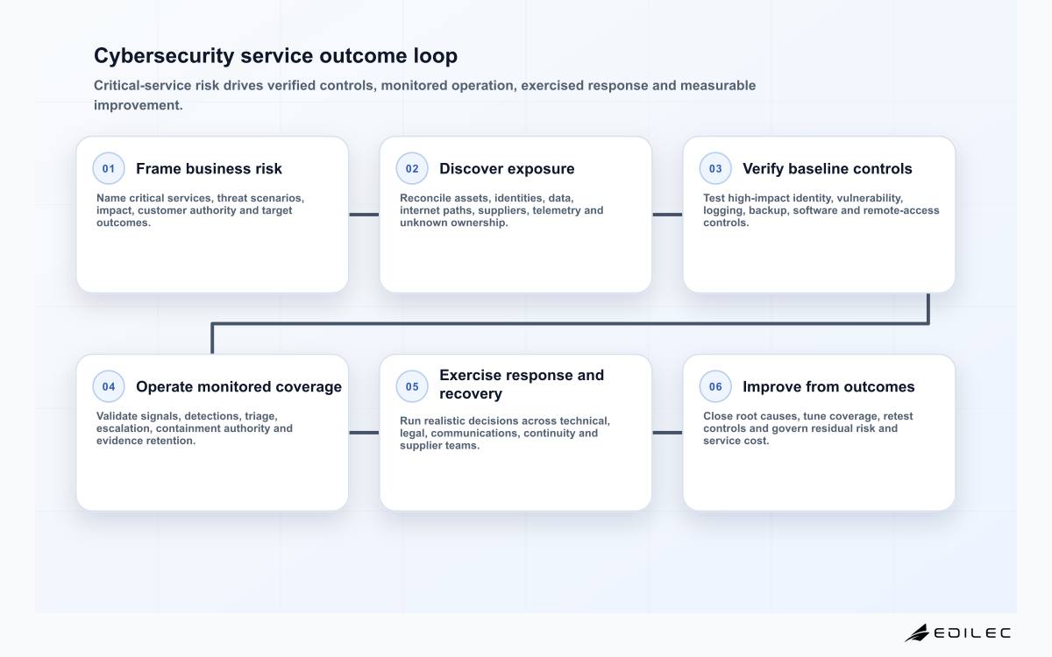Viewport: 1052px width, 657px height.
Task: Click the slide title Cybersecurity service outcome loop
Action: (x=275, y=56)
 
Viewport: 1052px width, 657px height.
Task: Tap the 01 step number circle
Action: (x=109, y=168)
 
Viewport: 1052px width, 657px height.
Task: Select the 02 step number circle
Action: (x=412, y=168)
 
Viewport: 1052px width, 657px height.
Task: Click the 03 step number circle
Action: (x=715, y=168)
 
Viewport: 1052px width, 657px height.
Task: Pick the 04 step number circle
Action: (x=109, y=386)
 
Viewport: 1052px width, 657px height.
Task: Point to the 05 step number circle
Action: (x=412, y=386)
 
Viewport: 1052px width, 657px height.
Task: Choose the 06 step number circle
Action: (x=715, y=386)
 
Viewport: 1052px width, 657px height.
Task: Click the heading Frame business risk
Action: (x=209, y=168)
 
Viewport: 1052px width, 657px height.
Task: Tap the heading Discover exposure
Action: (x=507, y=168)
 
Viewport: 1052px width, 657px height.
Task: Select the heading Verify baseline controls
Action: (x=827, y=168)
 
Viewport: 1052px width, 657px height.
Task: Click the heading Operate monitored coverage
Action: (x=238, y=386)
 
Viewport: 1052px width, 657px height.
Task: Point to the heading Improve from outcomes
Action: (x=828, y=386)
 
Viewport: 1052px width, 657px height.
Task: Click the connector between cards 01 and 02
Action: (x=364, y=215)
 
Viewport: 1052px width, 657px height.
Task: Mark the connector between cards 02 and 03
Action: (x=667, y=215)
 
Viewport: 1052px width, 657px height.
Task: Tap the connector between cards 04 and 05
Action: (x=364, y=433)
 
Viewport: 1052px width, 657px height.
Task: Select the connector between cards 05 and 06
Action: (x=667, y=433)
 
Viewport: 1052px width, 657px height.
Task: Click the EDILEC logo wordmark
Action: (x=971, y=633)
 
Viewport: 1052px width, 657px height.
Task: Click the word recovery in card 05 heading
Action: (x=471, y=393)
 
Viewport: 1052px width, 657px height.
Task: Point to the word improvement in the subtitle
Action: (x=139, y=105)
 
